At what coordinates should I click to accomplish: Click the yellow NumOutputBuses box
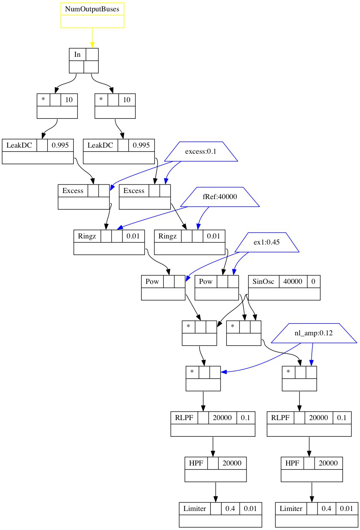click(92, 15)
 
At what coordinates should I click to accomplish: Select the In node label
click(77, 55)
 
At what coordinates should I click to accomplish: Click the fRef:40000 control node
click(219, 197)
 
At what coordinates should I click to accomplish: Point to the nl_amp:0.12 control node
click(313, 333)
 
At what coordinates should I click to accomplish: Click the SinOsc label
click(263, 281)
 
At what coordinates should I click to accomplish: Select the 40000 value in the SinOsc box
click(293, 281)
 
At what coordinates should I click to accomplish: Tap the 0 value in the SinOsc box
click(313, 281)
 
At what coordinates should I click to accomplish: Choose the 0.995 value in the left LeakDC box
click(60, 145)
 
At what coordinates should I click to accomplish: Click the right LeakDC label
click(100, 145)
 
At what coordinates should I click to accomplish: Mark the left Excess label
click(73, 191)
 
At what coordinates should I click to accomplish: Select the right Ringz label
click(168, 236)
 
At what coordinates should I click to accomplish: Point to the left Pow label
click(152, 281)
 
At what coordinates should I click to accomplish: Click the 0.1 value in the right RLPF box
click(342, 418)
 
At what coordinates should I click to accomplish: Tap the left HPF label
click(196, 463)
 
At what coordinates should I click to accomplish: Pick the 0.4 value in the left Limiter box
click(230, 509)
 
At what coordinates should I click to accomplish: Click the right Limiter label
click(291, 509)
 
